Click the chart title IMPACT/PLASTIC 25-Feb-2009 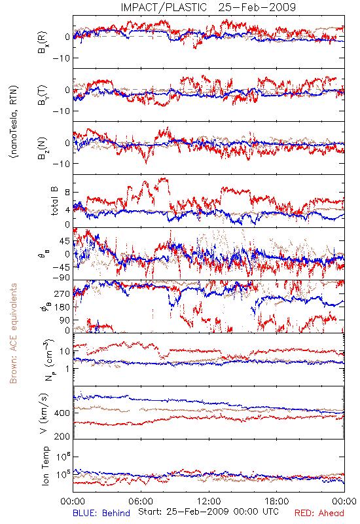pos(208,7)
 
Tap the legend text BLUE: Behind pos(101,513)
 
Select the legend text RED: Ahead pos(319,513)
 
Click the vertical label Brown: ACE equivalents pos(13,333)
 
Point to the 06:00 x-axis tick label pos(141,501)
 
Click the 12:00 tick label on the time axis pos(209,501)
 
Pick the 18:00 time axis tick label pos(277,501)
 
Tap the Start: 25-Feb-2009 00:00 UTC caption pos(208,512)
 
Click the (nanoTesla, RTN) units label pos(14,122)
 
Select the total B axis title pos(54,201)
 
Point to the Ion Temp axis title pos(45,466)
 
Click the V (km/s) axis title pos(44,413)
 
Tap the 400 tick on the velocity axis pos(62,413)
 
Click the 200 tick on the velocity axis pos(62,436)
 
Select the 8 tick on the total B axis pos(67,193)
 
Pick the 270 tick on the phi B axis pos(62,293)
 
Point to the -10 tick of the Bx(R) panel pos(61,58)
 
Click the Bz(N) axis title pos(43,148)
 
